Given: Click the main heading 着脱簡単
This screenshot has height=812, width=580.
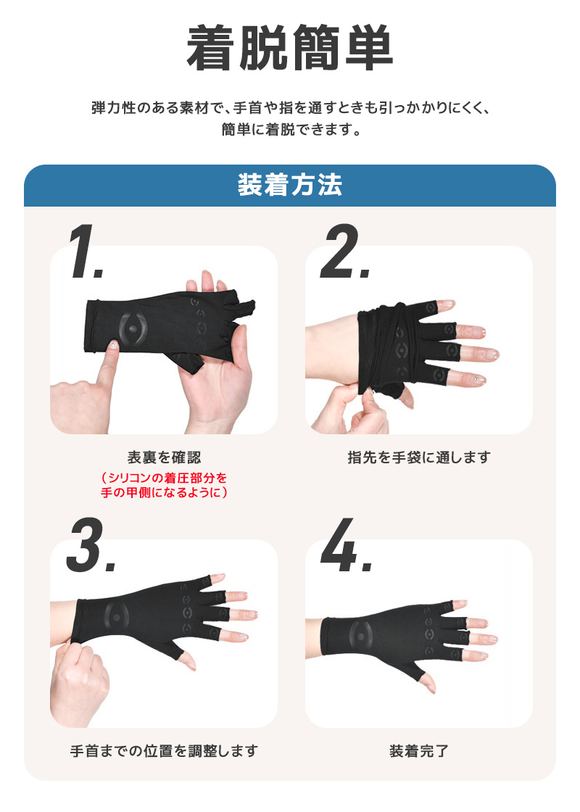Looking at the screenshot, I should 290,49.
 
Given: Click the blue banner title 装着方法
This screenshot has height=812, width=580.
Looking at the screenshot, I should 290,186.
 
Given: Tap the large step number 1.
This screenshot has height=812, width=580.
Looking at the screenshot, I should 88,253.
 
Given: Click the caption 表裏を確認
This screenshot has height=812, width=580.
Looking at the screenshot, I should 164,457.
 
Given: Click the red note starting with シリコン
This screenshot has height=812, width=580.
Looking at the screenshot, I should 164,485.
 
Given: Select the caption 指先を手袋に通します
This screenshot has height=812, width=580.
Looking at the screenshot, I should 419,457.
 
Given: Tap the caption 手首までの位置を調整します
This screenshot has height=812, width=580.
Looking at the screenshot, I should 164,750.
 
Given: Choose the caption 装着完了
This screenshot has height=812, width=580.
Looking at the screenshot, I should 419,750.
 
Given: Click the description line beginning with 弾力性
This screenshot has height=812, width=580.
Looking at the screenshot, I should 290,108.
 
